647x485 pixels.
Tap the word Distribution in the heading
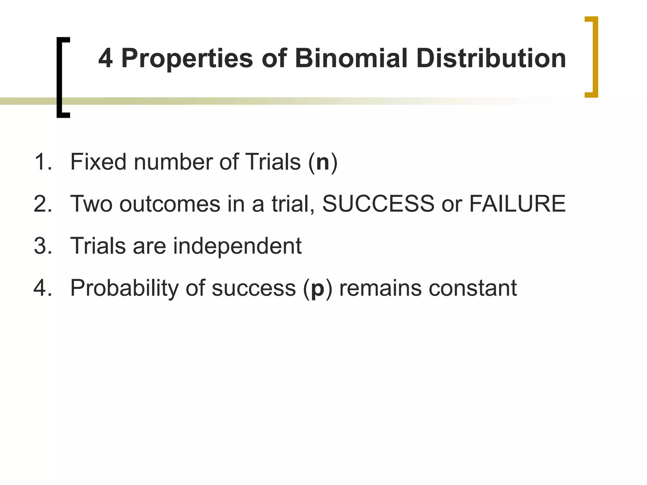[x=491, y=58]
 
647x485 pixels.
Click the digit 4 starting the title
[x=106, y=58]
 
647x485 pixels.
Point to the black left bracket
[x=60, y=77]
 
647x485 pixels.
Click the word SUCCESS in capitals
[x=378, y=204]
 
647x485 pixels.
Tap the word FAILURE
[x=517, y=204]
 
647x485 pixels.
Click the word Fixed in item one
[x=98, y=162]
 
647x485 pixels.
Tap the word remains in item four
[x=380, y=288]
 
